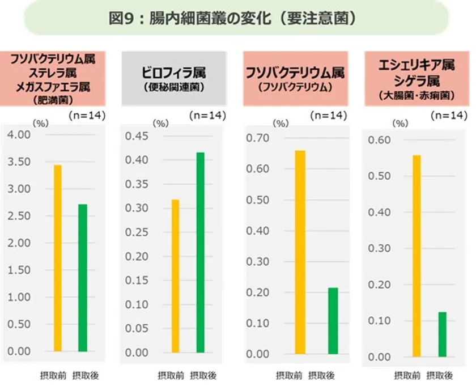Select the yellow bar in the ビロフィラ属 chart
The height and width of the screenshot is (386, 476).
(x=176, y=276)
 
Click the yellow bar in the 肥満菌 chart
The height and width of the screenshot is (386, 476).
(x=58, y=258)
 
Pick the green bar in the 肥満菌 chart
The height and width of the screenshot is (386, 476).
(x=83, y=278)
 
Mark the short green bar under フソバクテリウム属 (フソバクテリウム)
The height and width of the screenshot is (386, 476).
(x=333, y=323)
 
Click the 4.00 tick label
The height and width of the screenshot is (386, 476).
(x=19, y=134)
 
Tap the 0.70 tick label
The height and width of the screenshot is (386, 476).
(x=258, y=138)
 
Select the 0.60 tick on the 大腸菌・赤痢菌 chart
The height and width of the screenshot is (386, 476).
(x=380, y=139)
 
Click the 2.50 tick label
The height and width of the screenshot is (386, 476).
(x=19, y=216)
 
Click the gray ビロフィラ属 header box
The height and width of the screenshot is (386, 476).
(x=173, y=78)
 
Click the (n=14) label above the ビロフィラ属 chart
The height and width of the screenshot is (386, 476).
(x=207, y=116)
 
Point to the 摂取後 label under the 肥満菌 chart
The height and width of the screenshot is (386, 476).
(x=86, y=375)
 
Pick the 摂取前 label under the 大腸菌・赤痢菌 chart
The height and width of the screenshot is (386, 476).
(x=407, y=375)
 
